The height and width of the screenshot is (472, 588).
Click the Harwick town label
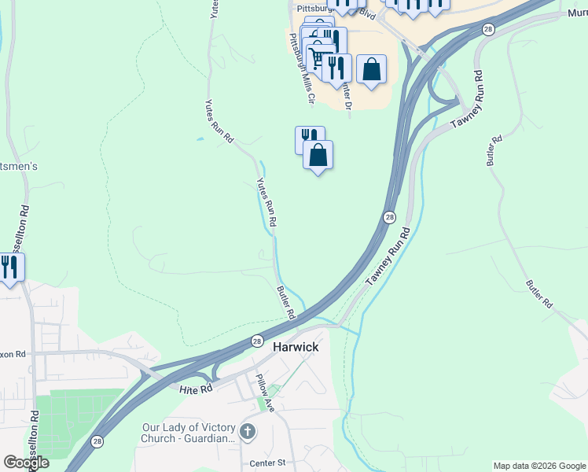pyautogui.click(x=296, y=346)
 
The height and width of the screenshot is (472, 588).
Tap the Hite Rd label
pyautogui.click(x=196, y=389)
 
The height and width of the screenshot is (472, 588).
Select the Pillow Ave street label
pyautogui.click(x=263, y=393)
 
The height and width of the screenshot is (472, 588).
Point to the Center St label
pyautogui.click(x=266, y=463)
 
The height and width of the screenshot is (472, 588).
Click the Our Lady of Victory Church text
pyautogui.click(x=188, y=433)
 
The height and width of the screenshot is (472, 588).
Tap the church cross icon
pyautogui.click(x=248, y=431)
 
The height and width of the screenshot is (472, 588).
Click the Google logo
pyautogui.click(x=26, y=463)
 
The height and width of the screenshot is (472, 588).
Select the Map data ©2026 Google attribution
pyautogui.click(x=539, y=466)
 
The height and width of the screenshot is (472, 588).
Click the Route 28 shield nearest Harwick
pyautogui.click(x=257, y=341)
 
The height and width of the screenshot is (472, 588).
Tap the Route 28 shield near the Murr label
pyautogui.click(x=488, y=29)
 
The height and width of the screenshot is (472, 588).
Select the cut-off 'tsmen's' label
pyautogui.click(x=19, y=167)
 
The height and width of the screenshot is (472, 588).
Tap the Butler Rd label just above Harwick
pyautogui.click(x=285, y=302)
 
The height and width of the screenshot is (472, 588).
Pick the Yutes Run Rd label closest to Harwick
pyautogui.click(x=266, y=202)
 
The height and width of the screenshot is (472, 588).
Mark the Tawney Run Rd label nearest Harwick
pyautogui.click(x=387, y=258)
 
